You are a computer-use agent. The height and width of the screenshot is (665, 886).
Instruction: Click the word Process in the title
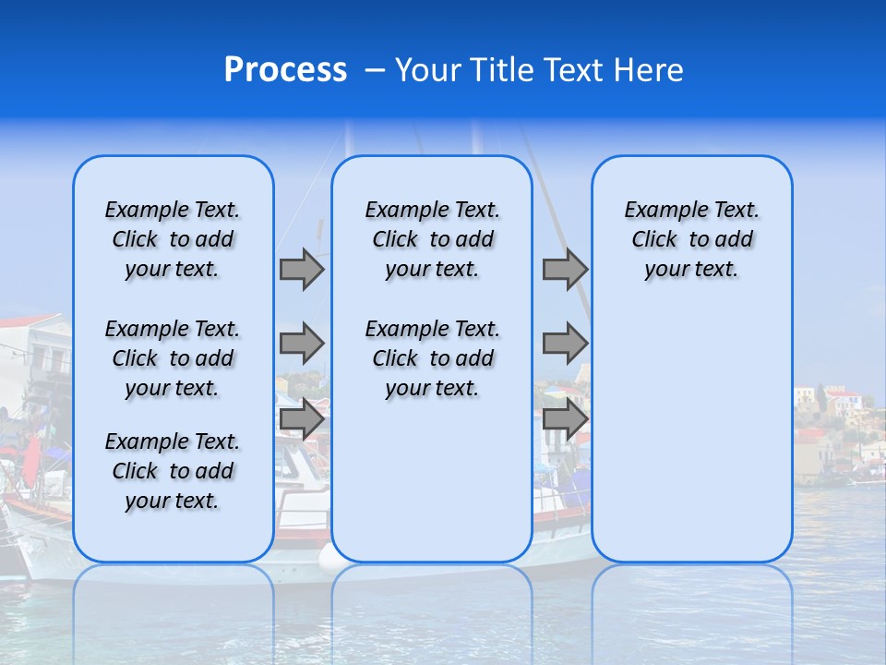click(x=285, y=70)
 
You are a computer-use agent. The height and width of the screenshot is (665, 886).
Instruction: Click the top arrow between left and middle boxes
click(x=302, y=270)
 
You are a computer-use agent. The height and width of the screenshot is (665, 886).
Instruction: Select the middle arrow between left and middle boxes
click(x=302, y=344)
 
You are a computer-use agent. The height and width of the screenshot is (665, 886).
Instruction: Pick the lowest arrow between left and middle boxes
click(x=302, y=419)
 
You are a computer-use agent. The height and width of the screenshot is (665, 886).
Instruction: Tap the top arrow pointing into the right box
click(x=565, y=270)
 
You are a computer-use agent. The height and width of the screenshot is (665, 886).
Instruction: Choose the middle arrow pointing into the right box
click(x=565, y=344)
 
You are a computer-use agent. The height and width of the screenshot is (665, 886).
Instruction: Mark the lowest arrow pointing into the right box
click(x=565, y=419)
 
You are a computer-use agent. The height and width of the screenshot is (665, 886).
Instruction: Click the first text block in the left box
click(x=173, y=239)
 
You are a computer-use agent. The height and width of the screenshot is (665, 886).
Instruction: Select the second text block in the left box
click(x=173, y=358)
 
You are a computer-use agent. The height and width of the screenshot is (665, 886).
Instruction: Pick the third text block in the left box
click(x=173, y=471)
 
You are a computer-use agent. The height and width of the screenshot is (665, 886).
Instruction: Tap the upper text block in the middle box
click(x=432, y=239)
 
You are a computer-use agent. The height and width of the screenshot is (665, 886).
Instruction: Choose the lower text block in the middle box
click(x=432, y=358)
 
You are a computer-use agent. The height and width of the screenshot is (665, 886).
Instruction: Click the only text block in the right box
click(x=692, y=239)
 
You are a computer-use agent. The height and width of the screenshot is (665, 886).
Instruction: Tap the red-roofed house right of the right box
click(x=842, y=404)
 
